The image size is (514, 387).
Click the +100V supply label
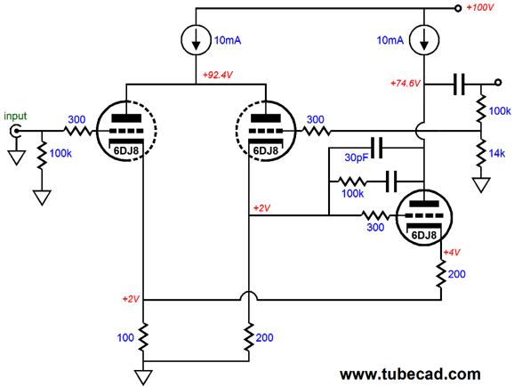click(480, 7)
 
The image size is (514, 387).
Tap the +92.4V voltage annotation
click(217, 75)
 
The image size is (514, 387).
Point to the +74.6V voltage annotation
click(406, 84)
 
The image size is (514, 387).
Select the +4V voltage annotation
click(452, 252)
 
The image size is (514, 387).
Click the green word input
click(15, 116)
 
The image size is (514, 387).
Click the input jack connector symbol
click(15, 131)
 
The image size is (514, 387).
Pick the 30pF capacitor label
click(357, 157)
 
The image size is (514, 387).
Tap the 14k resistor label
click(497, 153)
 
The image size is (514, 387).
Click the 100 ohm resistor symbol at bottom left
click(143, 337)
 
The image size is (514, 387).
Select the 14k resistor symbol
click(481, 153)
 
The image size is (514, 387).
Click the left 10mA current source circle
click(196, 40)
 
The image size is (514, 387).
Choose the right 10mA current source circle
click(424, 40)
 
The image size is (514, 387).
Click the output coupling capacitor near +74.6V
click(459, 85)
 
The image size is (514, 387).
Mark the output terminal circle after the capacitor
click(498, 82)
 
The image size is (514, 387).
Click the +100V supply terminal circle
click(458, 9)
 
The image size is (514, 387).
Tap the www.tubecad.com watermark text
click(410, 374)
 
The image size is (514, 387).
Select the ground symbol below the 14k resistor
click(481, 184)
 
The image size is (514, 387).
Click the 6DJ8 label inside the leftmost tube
click(126, 150)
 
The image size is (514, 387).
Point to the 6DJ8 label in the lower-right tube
click(424, 235)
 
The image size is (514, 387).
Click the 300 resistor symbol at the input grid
click(78, 131)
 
